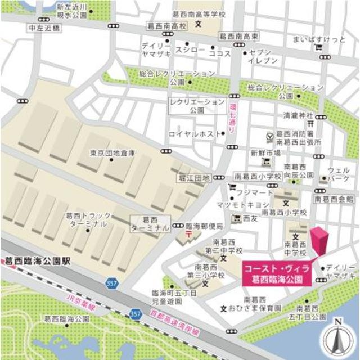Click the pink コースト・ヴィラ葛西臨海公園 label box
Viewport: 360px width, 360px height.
pyautogui.click(x=276, y=272)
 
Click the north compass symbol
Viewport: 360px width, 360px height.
pyautogui.click(x=337, y=338)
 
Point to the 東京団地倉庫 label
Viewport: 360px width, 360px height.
pyautogui.click(x=112, y=152)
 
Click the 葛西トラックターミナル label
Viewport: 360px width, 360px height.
pyautogui.click(x=86, y=219)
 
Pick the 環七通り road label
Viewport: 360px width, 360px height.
pyautogui.click(x=233, y=118)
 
